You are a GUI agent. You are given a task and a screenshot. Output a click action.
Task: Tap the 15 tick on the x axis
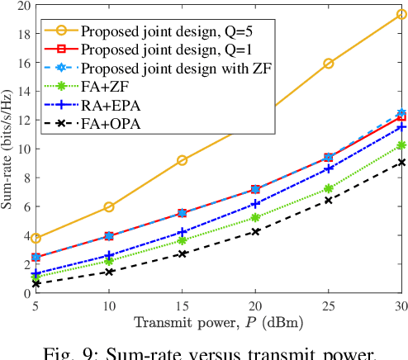click(x=182, y=306)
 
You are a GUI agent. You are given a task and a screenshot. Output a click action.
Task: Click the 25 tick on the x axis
click(x=328, y=306)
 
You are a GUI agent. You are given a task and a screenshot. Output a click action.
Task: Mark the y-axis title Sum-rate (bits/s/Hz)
click(x=8, y=149)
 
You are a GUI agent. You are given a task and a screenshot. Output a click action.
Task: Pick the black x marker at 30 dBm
click(x=401, y=163)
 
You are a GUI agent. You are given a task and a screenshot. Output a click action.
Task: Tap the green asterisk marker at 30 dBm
click(x=401, y=145)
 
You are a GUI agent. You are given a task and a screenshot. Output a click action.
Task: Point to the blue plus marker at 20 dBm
click(x=255, y=203)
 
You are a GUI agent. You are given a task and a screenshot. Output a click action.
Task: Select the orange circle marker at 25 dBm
click(x=328, y=64)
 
